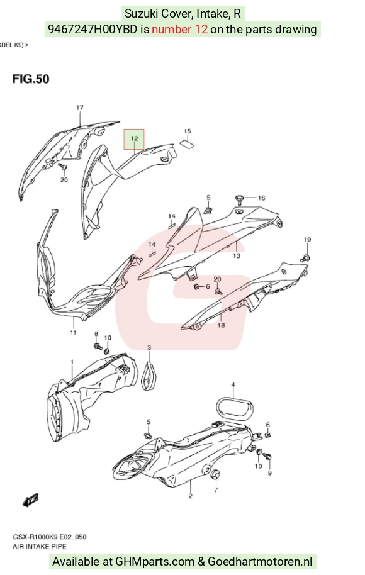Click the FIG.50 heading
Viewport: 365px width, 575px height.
[x=31, y=79]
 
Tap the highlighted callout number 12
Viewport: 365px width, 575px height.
[x=134, y=138]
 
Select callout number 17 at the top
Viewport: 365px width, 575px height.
[x=79, y=108]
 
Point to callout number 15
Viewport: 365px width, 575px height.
[x=188, y=131]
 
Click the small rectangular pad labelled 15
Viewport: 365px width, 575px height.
[x=187, y=143]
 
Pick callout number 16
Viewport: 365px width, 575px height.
[x=261, y=198]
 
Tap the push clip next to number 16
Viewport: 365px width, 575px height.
[x=240, y=199]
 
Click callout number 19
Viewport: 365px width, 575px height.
[x=307, y=240]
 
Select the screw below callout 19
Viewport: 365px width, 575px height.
[x=305, y=258]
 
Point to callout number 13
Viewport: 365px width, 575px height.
[x=237, y=255]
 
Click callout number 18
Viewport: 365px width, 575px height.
[x=221, y=325]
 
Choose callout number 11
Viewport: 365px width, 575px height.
[x=74, y=332]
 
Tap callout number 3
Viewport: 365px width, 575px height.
[x=149, y=347]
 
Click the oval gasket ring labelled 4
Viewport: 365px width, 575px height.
[x=235, y=408]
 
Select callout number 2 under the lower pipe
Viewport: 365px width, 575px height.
[x=191, y=496]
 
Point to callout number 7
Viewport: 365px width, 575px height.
[x=216, y=489]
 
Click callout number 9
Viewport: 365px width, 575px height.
[x=269, y=473]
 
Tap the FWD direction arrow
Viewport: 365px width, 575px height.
[x=30, y=500]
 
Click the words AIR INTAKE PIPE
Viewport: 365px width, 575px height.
[x=40, y=547]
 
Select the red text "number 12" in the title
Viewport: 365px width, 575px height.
[x=180, y=29]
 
